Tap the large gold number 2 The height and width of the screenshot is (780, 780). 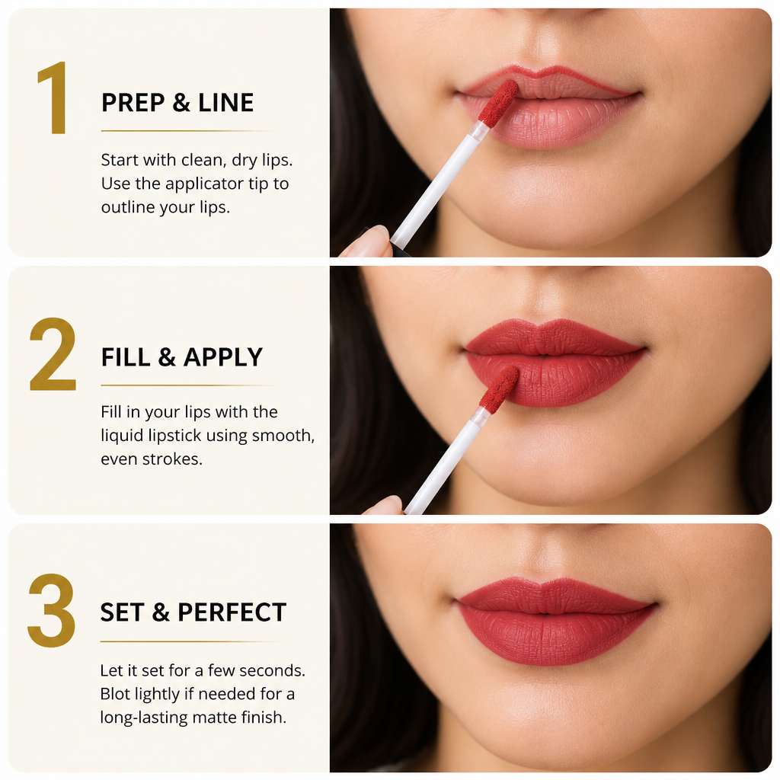tap(53, 353)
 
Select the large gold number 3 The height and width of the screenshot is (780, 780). tap(52, 610)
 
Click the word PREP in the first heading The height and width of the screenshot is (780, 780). tap(133, 103)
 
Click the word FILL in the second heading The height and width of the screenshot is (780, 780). tap(126, 357)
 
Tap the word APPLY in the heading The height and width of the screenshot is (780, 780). tap(223, 357)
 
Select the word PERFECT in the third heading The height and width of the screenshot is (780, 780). tap(232, 612)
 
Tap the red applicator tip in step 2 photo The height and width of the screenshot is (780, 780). tap(500, 389)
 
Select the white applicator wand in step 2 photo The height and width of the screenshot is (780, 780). tap(444, 461)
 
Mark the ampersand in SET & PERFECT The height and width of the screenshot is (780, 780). tap(161, 612)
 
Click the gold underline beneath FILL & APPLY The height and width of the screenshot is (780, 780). tap(187, 385)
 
